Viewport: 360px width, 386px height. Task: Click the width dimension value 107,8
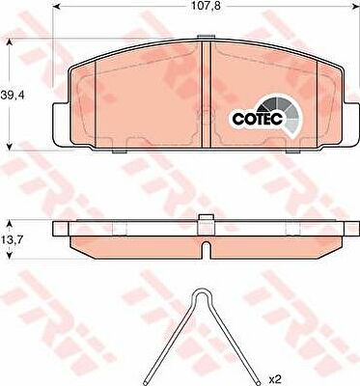(x=206, y=6)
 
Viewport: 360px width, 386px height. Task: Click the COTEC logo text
(x=258, y=119)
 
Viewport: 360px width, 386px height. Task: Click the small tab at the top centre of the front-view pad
(x=206, y=38)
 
